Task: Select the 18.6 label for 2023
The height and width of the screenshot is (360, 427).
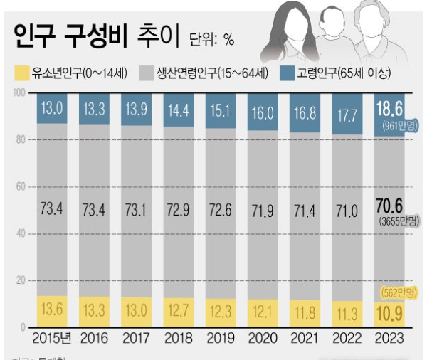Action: pos(390,109)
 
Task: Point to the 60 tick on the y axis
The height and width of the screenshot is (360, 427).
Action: pos(20,187)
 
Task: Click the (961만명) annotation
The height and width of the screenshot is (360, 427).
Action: pos(396,125)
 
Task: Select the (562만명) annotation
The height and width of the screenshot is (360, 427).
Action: pos(395,292)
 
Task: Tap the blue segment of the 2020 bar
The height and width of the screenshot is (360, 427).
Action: pos(262,112)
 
